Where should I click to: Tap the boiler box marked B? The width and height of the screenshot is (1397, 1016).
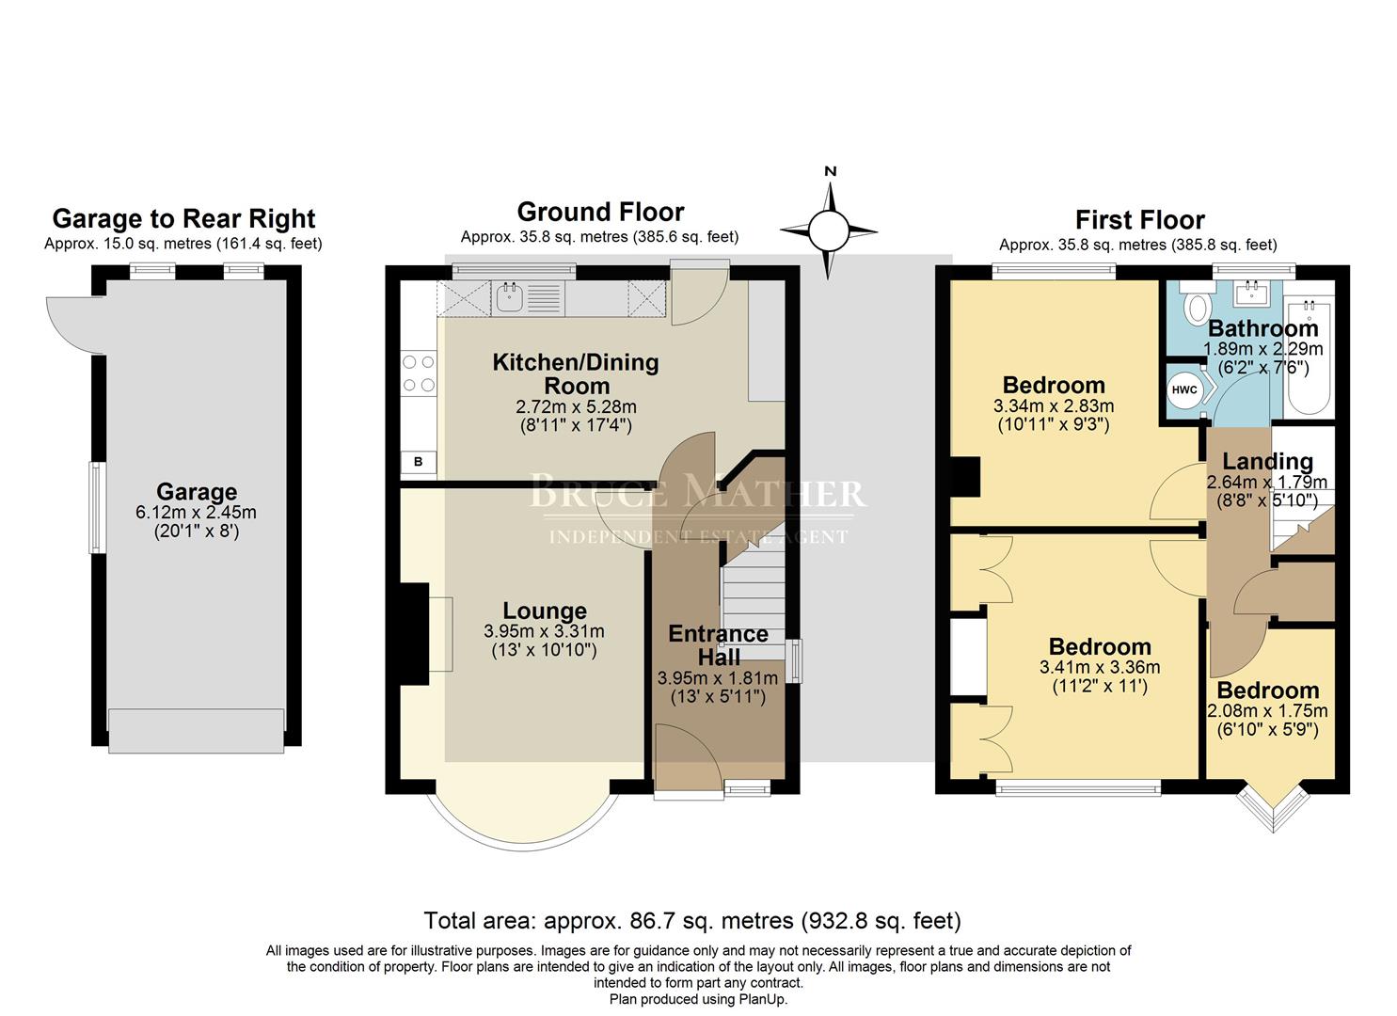(x=419, y=462)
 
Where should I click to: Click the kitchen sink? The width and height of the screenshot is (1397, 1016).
(x=510, y=298)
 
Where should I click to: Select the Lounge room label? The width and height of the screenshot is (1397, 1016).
(x=544, y=611)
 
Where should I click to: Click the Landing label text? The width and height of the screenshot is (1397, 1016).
(x=1267, y=461)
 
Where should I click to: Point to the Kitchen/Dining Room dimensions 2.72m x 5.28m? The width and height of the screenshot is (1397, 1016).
(x=576, y=407)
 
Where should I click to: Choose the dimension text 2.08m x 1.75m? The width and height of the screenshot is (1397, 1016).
(x=1267, y=710)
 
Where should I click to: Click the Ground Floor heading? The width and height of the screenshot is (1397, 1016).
(x=600, y=212)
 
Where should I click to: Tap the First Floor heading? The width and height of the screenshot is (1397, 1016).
(x=1139, y=220)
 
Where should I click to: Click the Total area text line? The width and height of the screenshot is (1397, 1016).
(x=692, y=920)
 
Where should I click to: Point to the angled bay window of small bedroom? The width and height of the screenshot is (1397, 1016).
(x=1271, y=807)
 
